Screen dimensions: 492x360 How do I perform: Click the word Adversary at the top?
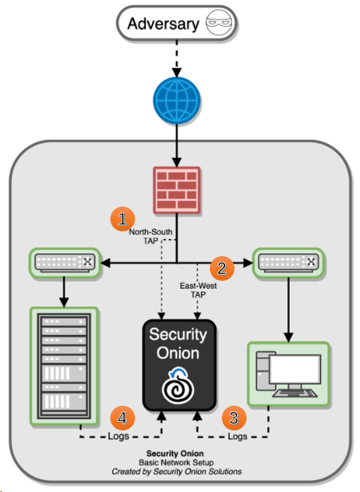[x=162, y=24]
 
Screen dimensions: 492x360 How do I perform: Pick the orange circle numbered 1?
[x=122, y=220]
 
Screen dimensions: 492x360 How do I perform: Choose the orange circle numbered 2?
[x=222, y=268]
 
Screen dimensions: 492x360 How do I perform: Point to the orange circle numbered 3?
[x=234, y=417]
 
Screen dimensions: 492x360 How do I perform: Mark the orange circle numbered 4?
[x=122, y=417]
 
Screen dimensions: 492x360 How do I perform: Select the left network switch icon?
[x=64, y=261]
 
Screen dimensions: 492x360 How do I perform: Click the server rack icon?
[x=64, y=366]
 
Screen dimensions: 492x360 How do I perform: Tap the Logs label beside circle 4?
[x=119, y=437]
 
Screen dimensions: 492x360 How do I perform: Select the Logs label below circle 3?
[x=237, y=437]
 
